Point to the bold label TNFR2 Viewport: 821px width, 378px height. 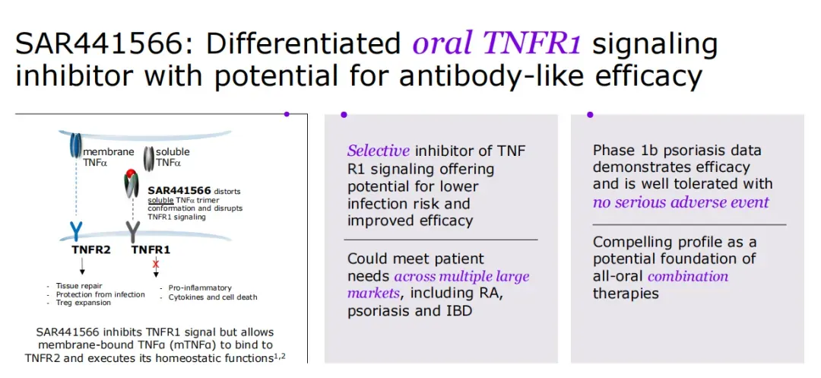[91, 249]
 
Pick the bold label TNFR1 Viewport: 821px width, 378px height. [151, 249]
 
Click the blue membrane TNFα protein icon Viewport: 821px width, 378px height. [76, 145]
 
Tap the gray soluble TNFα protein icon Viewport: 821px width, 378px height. [149, 157]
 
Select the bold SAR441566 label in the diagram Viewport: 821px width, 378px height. [179, 190]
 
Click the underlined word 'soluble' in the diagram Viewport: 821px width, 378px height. [160, 200]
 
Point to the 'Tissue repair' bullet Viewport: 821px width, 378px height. [81, 286]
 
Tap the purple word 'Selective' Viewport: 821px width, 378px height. [378, 151]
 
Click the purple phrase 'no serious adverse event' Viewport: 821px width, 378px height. [680, 202]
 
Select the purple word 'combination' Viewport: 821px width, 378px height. [688, 275]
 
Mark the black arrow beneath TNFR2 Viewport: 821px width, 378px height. [82, 266]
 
